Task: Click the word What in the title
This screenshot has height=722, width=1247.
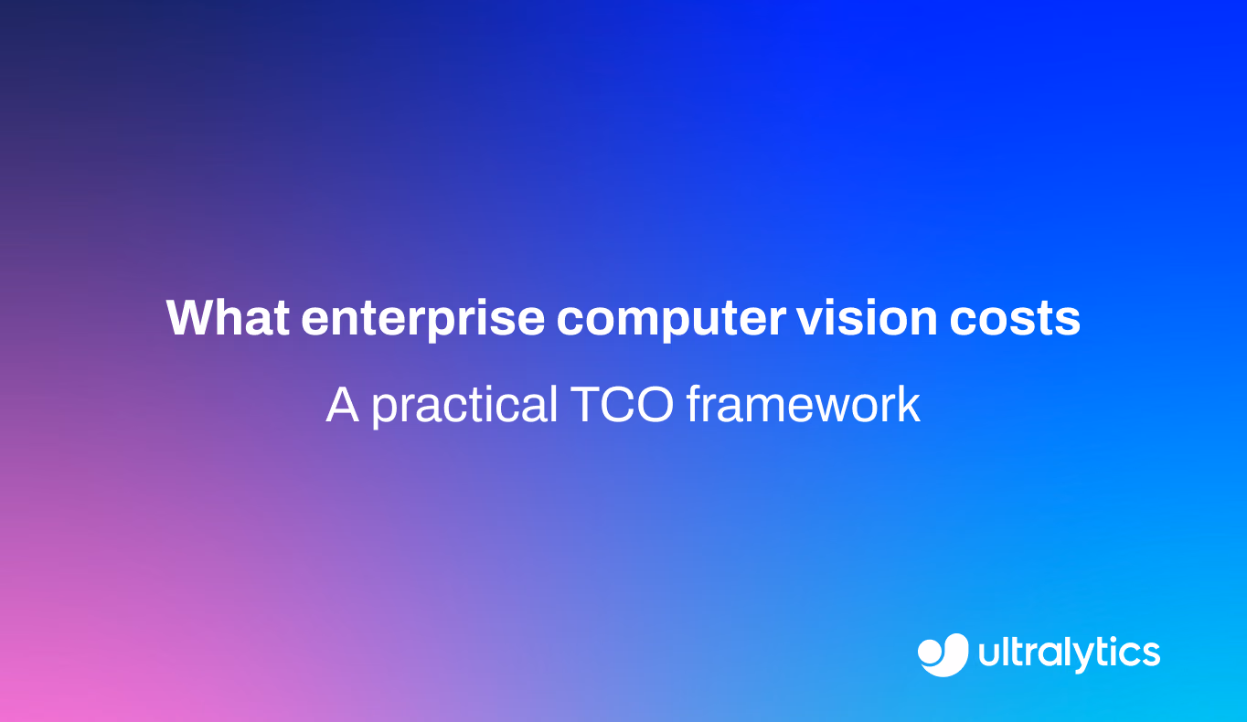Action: tap(228, 318)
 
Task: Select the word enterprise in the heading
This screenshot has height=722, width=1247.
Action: tap(423, 320)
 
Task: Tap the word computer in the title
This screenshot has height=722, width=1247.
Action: tap(671, 321)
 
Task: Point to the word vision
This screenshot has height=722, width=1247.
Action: tap(867, 318)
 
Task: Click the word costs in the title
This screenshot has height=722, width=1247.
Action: tap(1015, 320)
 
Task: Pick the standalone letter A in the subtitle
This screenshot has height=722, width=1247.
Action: tap(342, 405)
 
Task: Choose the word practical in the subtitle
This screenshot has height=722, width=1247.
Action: tap(464, 407)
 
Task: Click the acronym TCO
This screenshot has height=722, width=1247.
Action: tap(623, 405)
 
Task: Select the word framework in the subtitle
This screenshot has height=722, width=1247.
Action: tap(804, 404)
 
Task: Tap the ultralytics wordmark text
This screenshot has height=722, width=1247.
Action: tap(1069, 653)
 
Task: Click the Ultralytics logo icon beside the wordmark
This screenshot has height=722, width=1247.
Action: tap(943, 654)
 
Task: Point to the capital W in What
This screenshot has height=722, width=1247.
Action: tap(193, 318)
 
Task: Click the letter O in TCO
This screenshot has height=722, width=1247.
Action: tap(655, 405)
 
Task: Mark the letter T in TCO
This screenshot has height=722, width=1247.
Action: tap(586, 405)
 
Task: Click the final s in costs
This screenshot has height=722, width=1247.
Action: tap(1068, 323)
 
